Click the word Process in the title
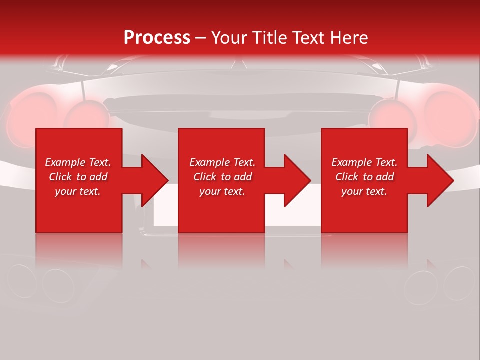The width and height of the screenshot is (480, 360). (x=157, y=38)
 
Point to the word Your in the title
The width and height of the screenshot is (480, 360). (x=230, y=38)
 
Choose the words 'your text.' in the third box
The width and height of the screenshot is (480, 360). (x=364, y=191)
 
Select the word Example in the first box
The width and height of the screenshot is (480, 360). (x=65, y=162)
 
